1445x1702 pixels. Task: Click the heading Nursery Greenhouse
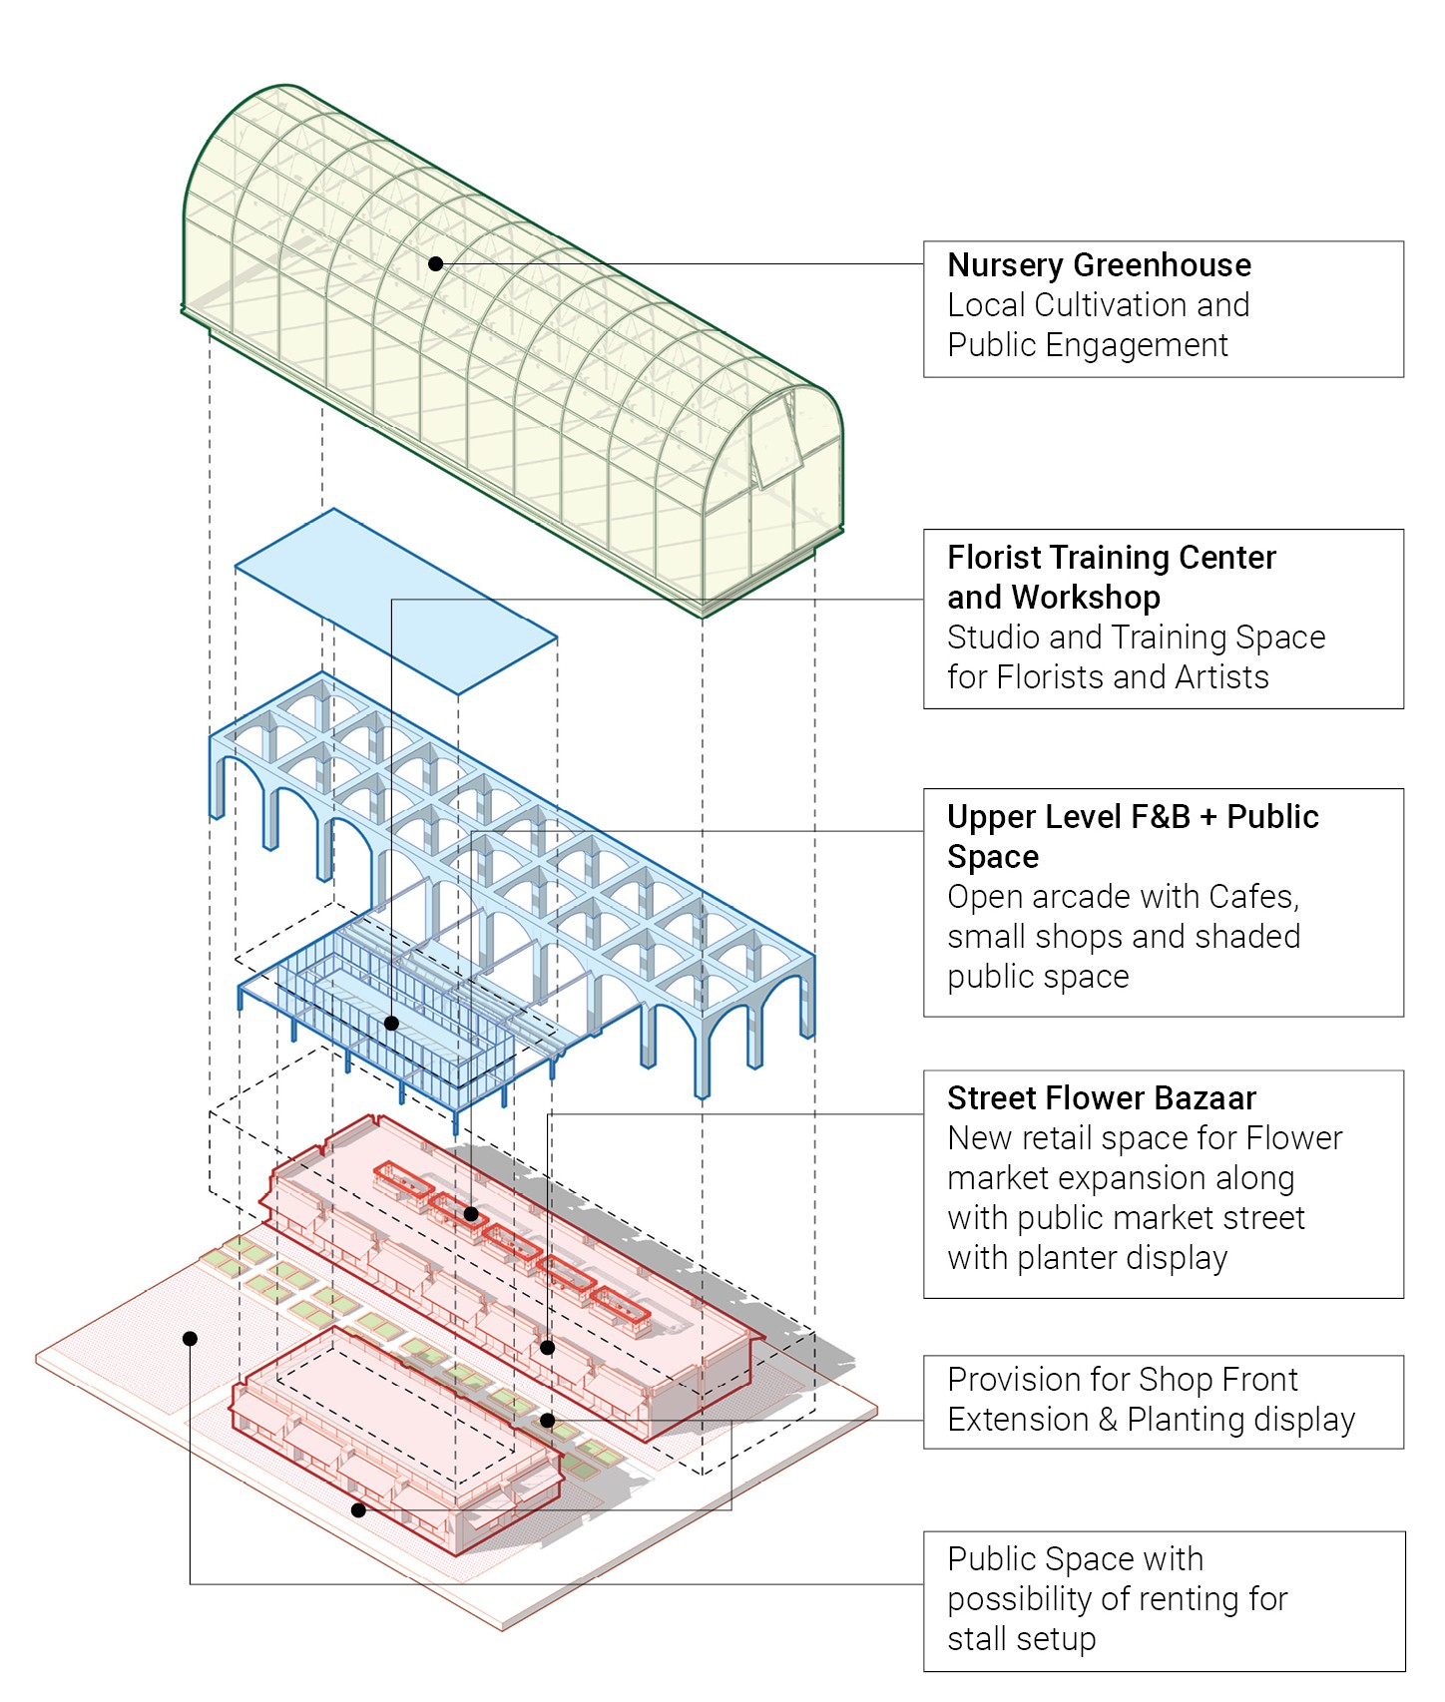[1099, 265]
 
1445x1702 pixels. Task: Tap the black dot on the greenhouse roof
[436, 264]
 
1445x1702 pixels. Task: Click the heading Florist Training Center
[1111, 558]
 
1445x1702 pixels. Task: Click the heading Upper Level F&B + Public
[1133, 817]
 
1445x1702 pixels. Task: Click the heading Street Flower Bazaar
[1101, 1098]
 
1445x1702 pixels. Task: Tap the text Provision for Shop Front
[1122, 1380]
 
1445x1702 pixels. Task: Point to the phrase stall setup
[1021, 1639]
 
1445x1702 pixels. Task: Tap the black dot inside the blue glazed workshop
[391, 1024]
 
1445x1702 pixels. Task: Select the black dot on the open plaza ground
[190, 1339]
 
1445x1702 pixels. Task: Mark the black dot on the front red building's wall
[358, 1510]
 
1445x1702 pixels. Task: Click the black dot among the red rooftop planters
[470, 1214]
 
